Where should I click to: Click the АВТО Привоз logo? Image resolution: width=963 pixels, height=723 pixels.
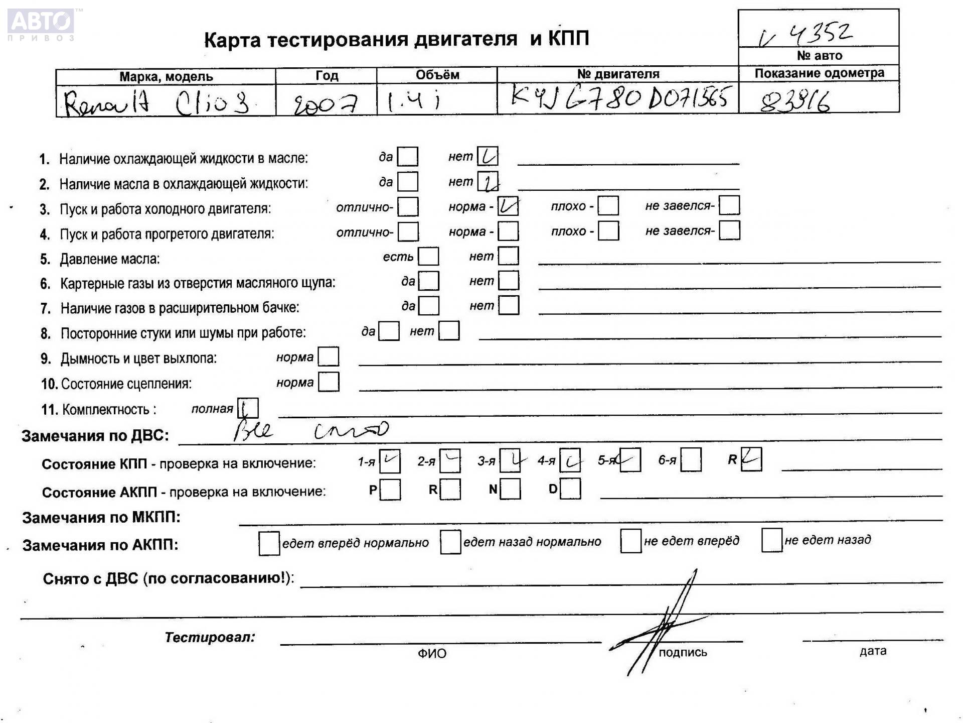[41, 24]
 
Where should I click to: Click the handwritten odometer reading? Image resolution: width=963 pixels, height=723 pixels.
[795, 102]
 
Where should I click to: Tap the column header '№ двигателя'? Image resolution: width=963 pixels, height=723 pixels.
[618, 74]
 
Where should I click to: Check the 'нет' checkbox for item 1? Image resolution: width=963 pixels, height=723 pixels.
[488, 157]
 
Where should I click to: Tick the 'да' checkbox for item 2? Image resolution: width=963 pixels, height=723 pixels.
[407, 182]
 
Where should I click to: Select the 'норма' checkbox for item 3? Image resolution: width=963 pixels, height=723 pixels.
[508, 206]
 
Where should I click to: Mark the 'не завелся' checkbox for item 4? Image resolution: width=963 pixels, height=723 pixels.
[729, 231]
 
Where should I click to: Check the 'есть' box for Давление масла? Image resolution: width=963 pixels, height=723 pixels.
[428, 257]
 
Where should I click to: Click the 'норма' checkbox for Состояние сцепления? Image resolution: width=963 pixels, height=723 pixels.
[329, 382]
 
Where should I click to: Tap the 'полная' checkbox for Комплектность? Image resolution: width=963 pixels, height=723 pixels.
[248, 408]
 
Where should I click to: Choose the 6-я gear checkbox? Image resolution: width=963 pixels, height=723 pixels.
[691, 460]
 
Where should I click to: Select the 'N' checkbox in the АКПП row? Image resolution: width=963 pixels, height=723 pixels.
[510, 489]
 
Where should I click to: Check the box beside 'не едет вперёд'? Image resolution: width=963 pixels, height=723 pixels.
[630, 541]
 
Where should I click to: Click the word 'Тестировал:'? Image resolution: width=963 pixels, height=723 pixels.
[210, 638]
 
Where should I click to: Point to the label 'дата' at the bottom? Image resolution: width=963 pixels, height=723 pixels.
[873, 651]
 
